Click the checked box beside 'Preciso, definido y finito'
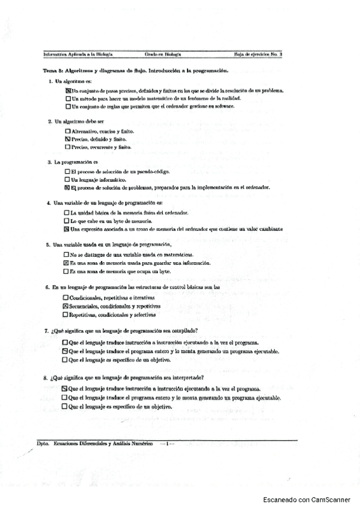(x=67, y=139)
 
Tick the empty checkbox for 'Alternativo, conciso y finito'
(x=67, y=131)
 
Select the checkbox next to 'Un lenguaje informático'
(x=67, y=179)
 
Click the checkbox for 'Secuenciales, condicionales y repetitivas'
(x=65, y=306)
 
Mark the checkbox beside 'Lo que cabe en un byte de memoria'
(x=67, y=221)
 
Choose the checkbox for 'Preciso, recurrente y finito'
(x=67, y=147)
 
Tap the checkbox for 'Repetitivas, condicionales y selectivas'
(x=65, y=314)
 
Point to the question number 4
(x=47, y=203)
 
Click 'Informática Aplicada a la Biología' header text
(x=75, y=54)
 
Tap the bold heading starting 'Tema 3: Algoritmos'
(x=135, y=70)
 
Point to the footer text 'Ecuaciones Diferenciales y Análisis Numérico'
(x=103, y=443)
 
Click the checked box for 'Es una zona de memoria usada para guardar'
(x=66, y=263)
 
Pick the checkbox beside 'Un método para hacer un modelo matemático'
(x=68, y=98)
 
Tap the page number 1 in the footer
(x=166, y=443)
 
